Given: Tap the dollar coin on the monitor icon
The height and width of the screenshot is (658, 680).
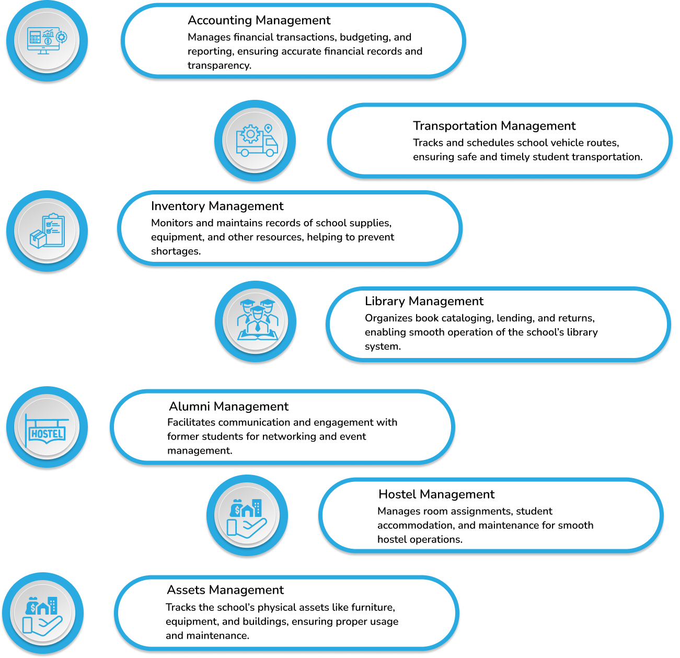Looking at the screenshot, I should click(x=48, y=41).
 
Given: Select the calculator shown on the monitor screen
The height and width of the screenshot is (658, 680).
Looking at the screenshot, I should click(x=35, y=38).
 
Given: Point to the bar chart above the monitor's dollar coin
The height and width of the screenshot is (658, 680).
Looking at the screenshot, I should click(x=48, y=33).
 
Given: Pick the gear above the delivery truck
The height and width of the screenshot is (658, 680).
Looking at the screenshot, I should click(x=250, y=134).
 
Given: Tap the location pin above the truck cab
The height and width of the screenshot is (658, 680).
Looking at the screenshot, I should click(x=268, y=129).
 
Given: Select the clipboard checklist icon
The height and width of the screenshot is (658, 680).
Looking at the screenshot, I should click(x=54, y=230).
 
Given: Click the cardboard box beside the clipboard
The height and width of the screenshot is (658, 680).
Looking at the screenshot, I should click(x=38, y=239).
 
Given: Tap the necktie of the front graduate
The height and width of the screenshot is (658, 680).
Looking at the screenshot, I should click(x=257, y=327).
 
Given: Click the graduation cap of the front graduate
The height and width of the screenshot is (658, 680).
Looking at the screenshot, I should click(x=257, y=308).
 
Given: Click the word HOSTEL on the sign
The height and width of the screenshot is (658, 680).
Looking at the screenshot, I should click(x=47, y=433).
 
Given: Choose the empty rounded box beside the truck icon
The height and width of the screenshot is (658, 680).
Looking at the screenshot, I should click(x=499, y=140).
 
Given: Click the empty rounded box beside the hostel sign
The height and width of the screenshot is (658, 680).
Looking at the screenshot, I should click(x=282, y=426).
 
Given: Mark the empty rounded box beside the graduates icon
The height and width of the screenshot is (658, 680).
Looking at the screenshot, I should click(x=498, y=324).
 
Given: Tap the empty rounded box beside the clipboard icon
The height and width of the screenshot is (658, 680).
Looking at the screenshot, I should click(x=290, y=228).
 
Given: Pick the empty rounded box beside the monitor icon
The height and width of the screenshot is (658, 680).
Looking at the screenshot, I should click(x=293, y=41).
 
